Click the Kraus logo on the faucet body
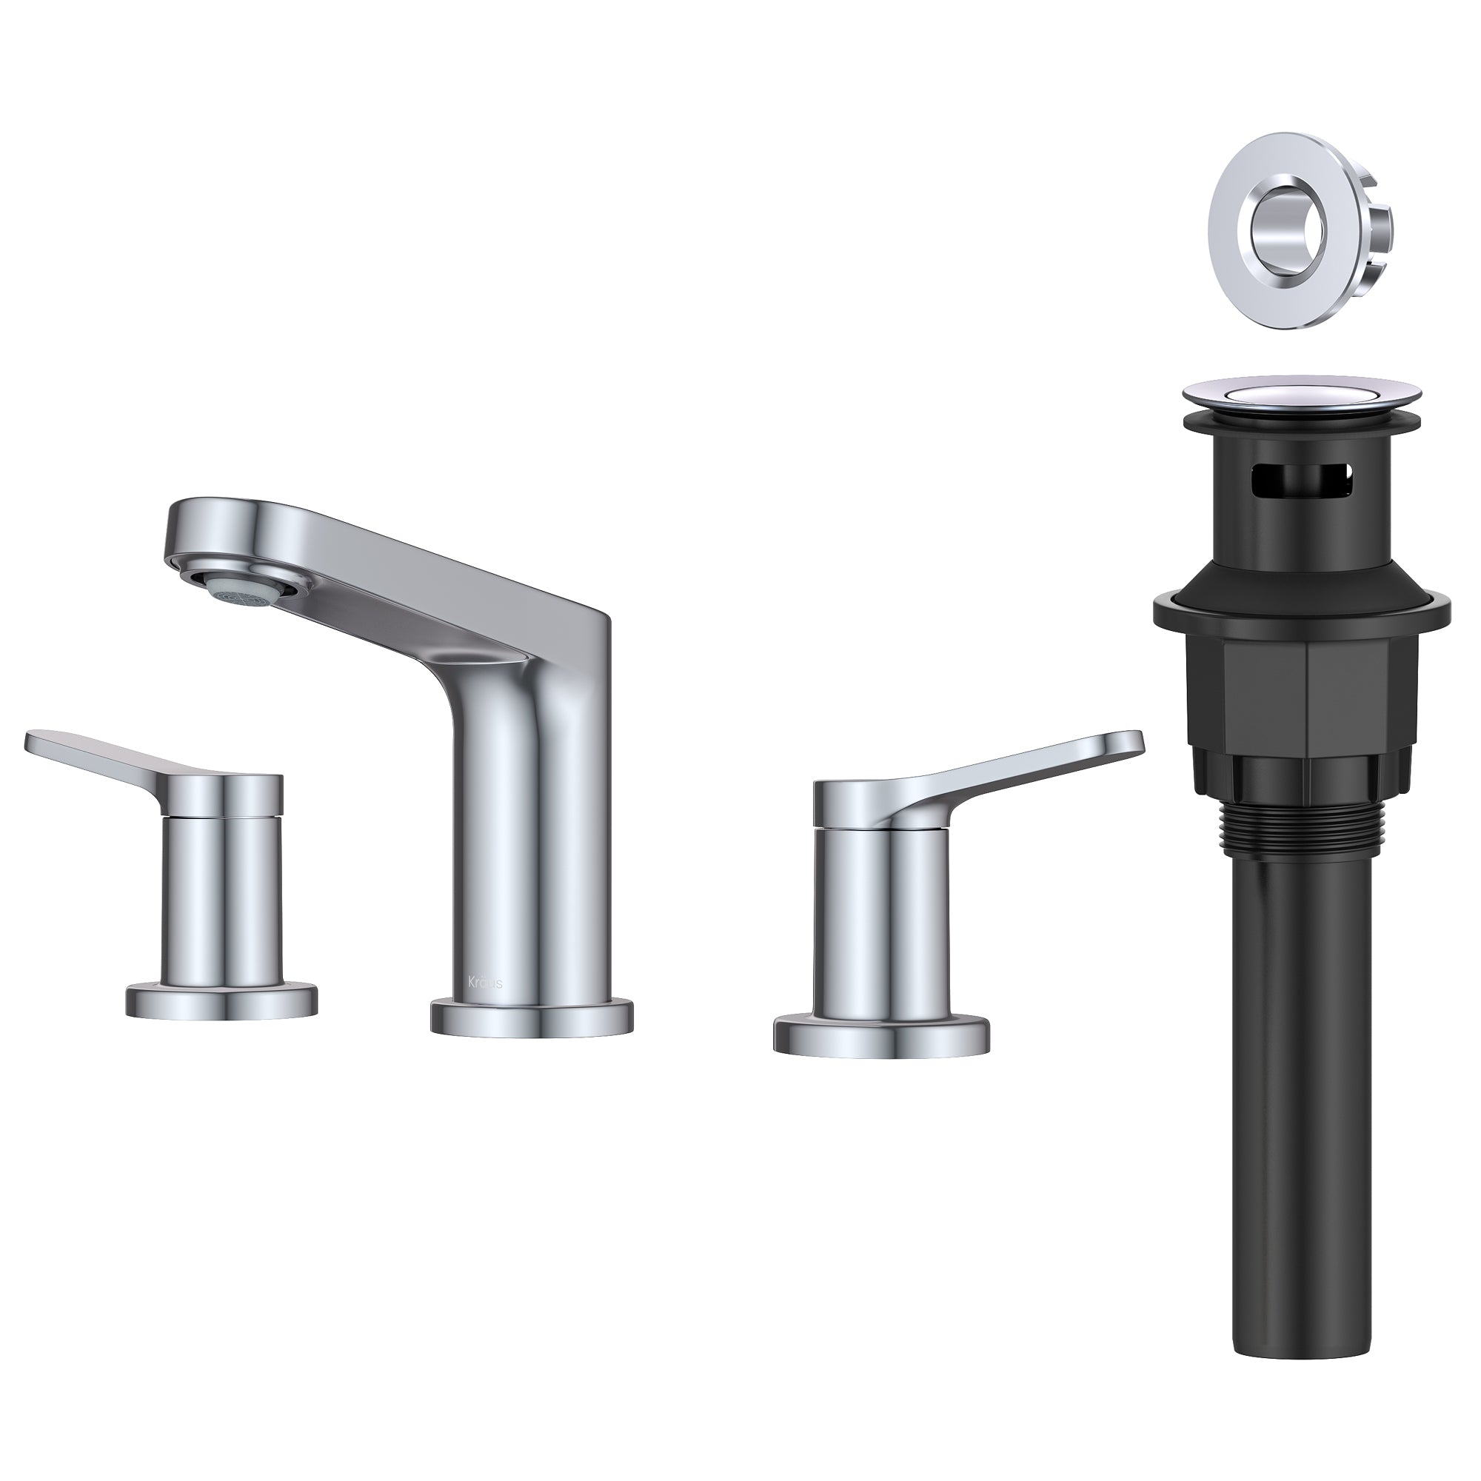[x=486, y=983]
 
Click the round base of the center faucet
[x=532, y=1017]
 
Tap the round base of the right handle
[x=881, y=1035]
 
